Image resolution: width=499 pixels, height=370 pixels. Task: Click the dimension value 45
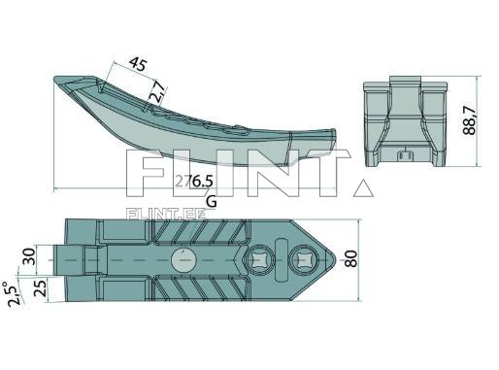(137, 66)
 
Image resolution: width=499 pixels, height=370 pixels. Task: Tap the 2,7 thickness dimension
(157, 93)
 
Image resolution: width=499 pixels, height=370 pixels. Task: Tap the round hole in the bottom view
(182, 260)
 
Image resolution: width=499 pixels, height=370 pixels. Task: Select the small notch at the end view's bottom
(403, 153)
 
